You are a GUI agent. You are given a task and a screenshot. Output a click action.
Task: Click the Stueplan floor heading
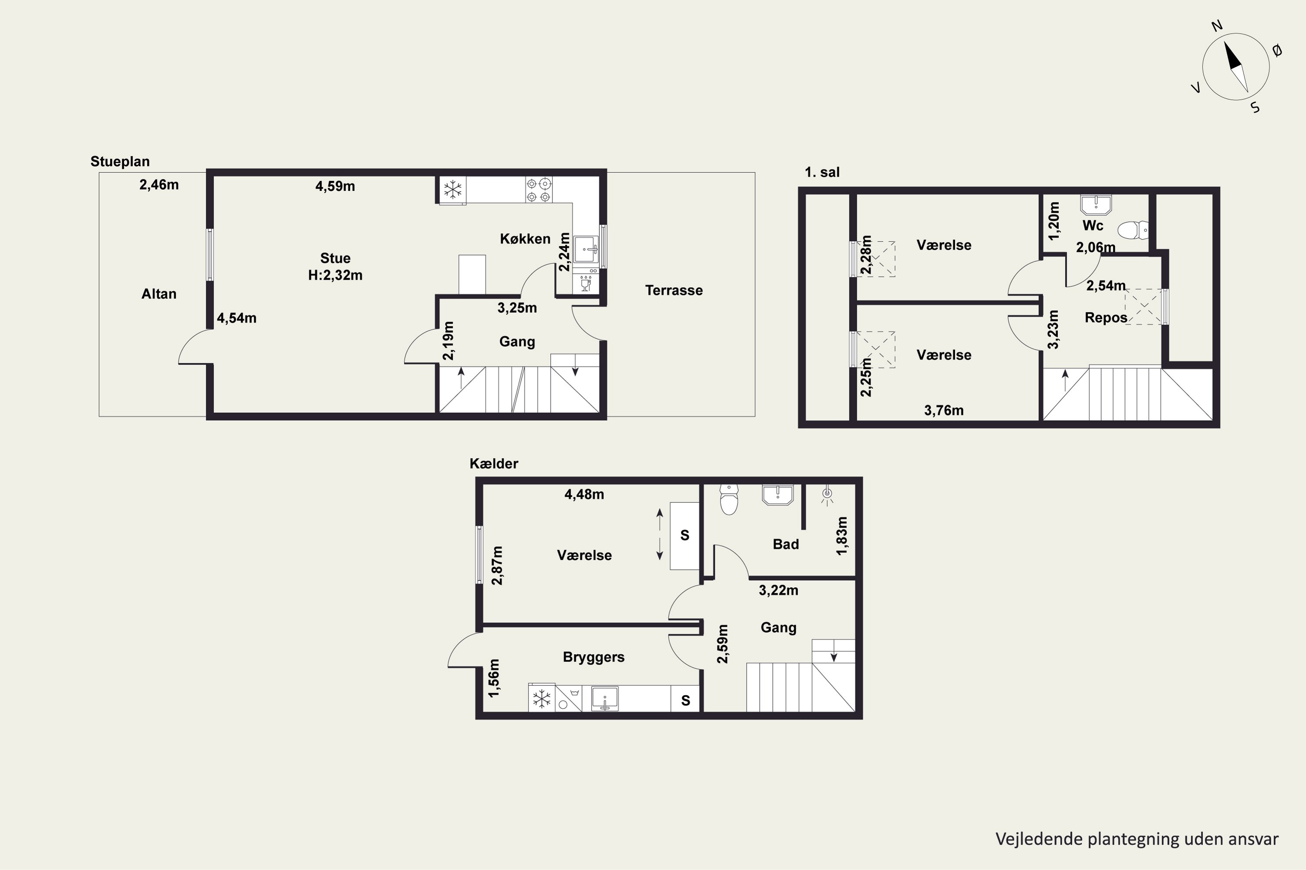pyautogui.click(x=120, y=162)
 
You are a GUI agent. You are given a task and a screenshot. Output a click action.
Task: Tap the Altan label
pyautogui.click(x=159, y=294)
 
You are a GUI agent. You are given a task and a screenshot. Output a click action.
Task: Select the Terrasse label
pyautogui.click(x=673, y=290)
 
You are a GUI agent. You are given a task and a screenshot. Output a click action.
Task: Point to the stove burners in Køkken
pyautogui.click(x=539, y=190)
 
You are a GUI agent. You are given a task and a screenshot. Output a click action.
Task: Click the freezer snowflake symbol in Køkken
pyautogui.click(x=453, y=190)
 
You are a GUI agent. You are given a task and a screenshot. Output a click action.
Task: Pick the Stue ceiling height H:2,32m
pyautogui.click(x=335, y=275)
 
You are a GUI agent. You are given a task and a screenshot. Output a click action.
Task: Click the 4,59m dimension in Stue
pyautogui.click(x=335, y=187)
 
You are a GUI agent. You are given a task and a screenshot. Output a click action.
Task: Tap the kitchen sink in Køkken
pyautogui.click(x=586, y=249)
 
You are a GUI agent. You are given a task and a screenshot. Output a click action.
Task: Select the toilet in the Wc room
pyautogui.click(x=1133, y=230)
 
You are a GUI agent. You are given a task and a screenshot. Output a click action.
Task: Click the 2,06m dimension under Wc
pyautogui.click(x=1096, y=248)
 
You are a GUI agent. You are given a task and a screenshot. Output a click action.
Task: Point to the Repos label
pyautogui.click(x=1106, y=318)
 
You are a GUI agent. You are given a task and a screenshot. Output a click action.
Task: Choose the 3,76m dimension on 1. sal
pyautogui.click(x=943, y=411)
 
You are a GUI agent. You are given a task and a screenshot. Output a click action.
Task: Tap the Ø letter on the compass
pyautogui.click(x=1277, y=51)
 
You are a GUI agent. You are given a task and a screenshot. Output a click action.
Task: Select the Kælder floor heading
pyautogui.click(x=494, y=464)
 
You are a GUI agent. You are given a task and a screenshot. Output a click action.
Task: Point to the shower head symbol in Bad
pyautogui.click(x=828, y=495)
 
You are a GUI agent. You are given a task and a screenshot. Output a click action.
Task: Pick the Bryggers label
pyautogui.click(x=594, y=657)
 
